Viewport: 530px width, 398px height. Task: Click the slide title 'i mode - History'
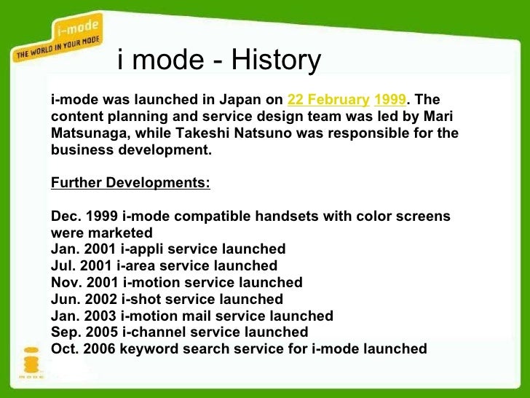[218, 61]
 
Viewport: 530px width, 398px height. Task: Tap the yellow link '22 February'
[328, 100]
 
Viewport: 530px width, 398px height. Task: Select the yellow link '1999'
[389, 100]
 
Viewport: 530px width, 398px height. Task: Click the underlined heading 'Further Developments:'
[130, 183]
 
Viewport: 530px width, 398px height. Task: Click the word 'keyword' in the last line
[149, 349]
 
